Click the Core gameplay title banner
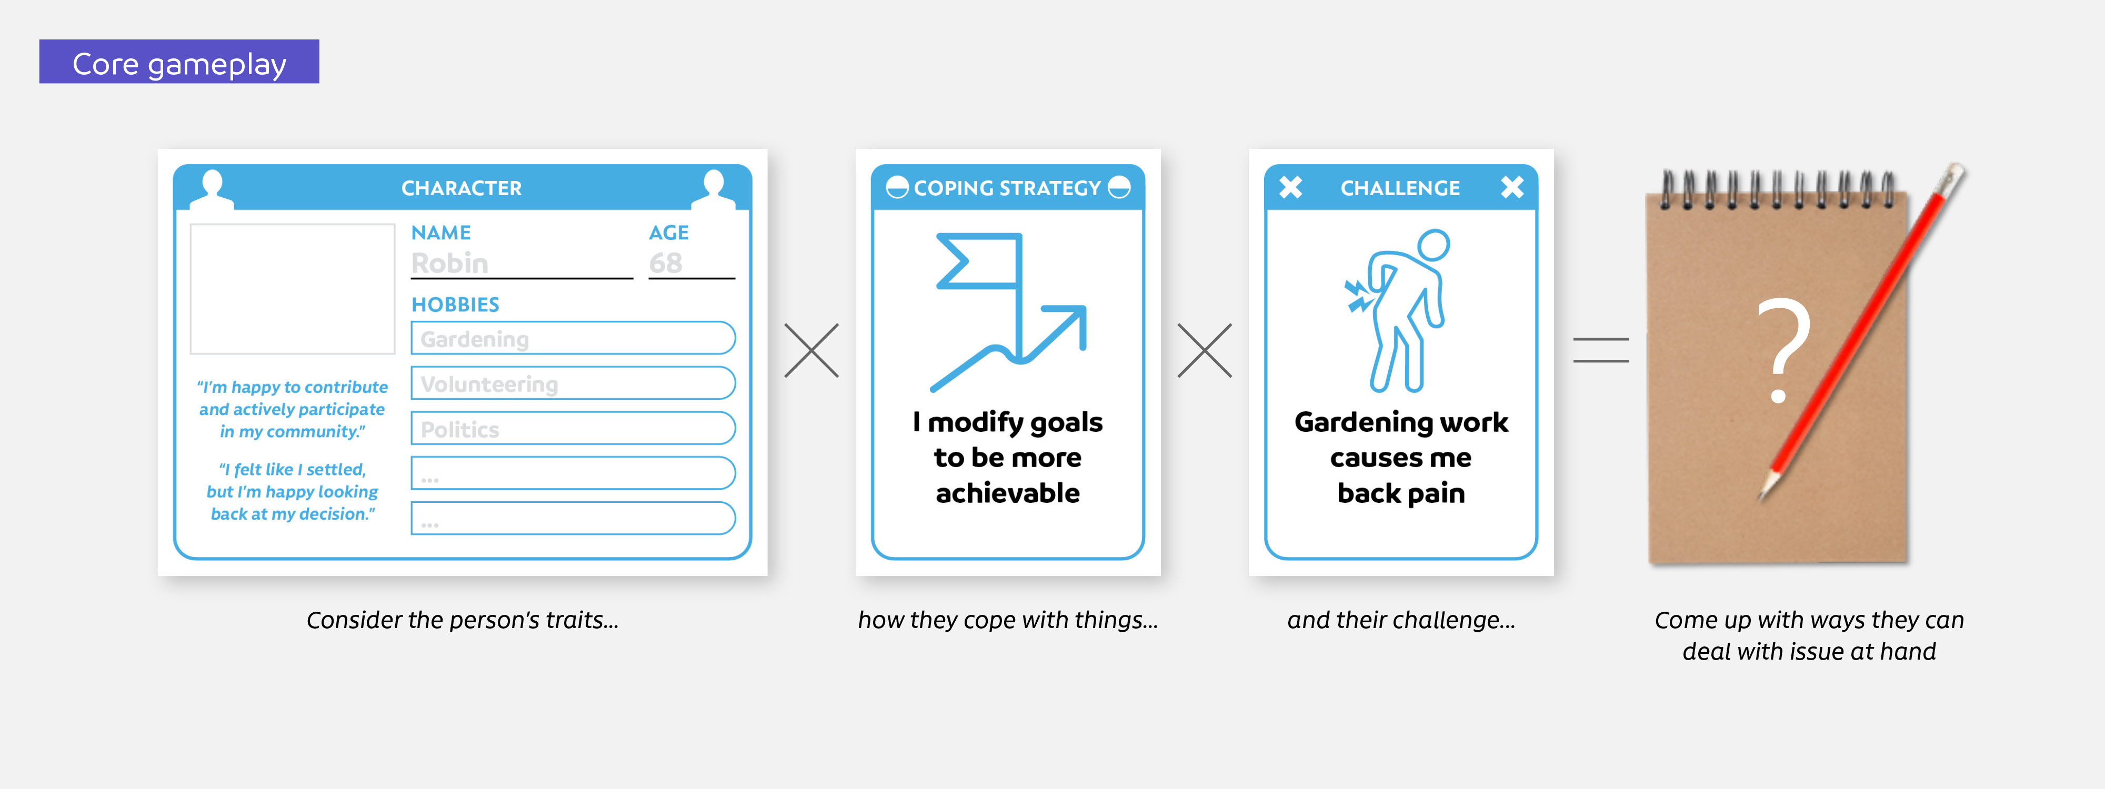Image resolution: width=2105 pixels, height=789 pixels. pos(179,62)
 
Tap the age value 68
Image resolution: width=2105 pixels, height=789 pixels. pos(665,263)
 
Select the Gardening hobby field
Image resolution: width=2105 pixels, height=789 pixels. pos(572,338)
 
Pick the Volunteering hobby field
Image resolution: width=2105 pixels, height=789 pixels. pos(572,383)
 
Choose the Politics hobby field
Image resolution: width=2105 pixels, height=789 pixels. pos(572,429)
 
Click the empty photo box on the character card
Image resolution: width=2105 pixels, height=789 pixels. pos(293,288)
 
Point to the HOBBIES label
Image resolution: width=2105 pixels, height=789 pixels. pos(455,305)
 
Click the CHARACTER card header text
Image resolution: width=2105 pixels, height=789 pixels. pos(462,188)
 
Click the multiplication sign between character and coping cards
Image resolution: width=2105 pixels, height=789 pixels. pos(811,350)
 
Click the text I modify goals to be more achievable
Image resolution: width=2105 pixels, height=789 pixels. pos(1008,458)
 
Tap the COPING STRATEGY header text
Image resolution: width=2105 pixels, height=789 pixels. pos(1008,188)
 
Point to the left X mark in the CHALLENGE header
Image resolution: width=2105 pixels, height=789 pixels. pos(1290,188)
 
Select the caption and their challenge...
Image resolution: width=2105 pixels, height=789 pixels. pos(1400,620)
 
